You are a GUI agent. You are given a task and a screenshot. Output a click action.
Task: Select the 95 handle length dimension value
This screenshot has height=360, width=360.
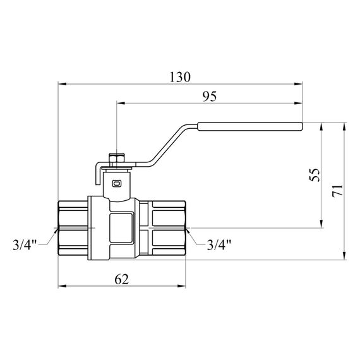209,96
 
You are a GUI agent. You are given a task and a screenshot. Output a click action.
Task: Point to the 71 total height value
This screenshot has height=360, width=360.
338,190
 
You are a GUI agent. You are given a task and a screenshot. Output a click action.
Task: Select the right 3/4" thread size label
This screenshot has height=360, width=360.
219,244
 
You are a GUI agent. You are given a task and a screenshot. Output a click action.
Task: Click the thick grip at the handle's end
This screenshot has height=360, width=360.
250,126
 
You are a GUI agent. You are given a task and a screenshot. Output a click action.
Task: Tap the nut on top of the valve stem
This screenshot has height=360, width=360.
117,155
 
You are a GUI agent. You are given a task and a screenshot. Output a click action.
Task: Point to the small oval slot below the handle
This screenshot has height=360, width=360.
117,184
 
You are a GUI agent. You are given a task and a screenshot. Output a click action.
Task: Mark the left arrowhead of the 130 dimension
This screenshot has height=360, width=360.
61,83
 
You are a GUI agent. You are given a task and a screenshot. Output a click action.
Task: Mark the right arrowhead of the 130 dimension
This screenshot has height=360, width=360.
299,83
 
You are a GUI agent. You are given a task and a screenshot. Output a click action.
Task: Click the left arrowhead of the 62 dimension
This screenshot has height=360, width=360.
61,287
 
